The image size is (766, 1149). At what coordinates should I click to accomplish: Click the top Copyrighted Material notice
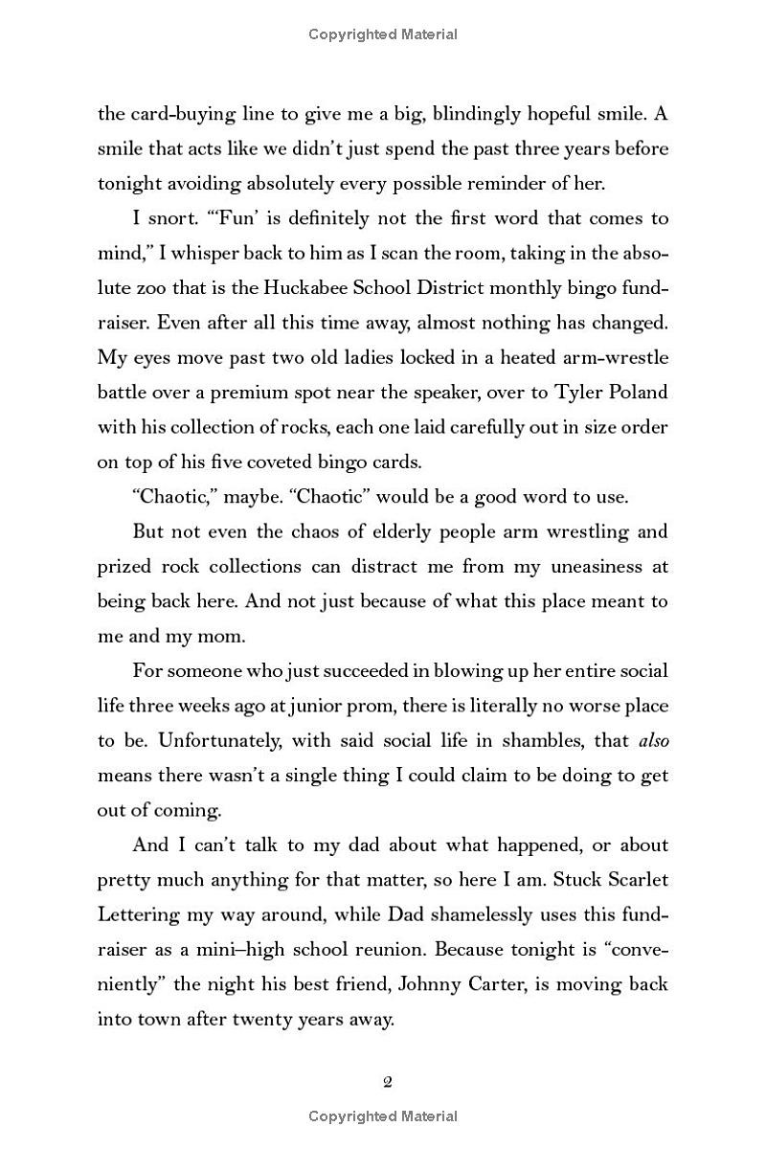click(x=383, y=34)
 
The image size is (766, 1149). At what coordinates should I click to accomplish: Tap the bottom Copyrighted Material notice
click(x=383, y=1116)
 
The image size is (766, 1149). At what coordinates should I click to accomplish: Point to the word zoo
click(x=162, y=288)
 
